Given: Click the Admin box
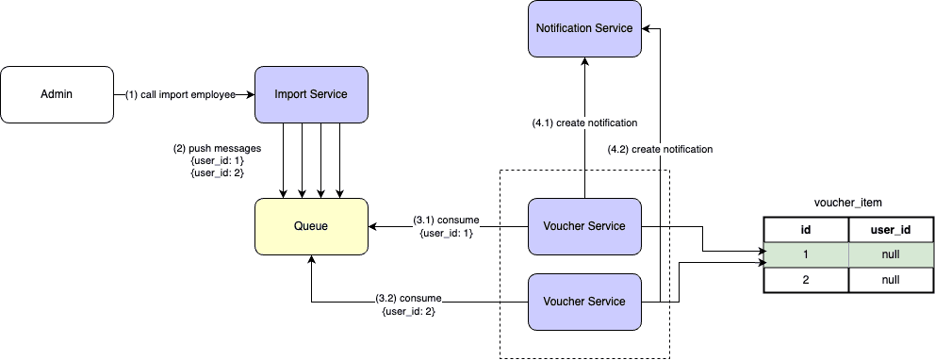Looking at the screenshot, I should (57, 94).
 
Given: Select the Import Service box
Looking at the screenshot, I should (310, 94).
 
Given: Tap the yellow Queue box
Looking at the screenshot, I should (310, 226).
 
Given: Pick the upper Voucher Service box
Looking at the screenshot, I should (584, 226).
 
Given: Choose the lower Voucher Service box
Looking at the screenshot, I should (584, 302).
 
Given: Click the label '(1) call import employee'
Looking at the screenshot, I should (182, 95).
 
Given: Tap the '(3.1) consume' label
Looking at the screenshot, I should (446, 221).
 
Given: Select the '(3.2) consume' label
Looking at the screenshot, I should (409, 297).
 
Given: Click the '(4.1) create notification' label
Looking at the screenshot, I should (585, 123).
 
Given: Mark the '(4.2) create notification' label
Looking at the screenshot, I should (660, 149).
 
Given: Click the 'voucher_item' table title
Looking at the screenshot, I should (846, 203).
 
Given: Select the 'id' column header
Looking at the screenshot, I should (806, 229).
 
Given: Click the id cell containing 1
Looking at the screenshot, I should (806, 254).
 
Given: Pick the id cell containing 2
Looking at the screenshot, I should (806, 280).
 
